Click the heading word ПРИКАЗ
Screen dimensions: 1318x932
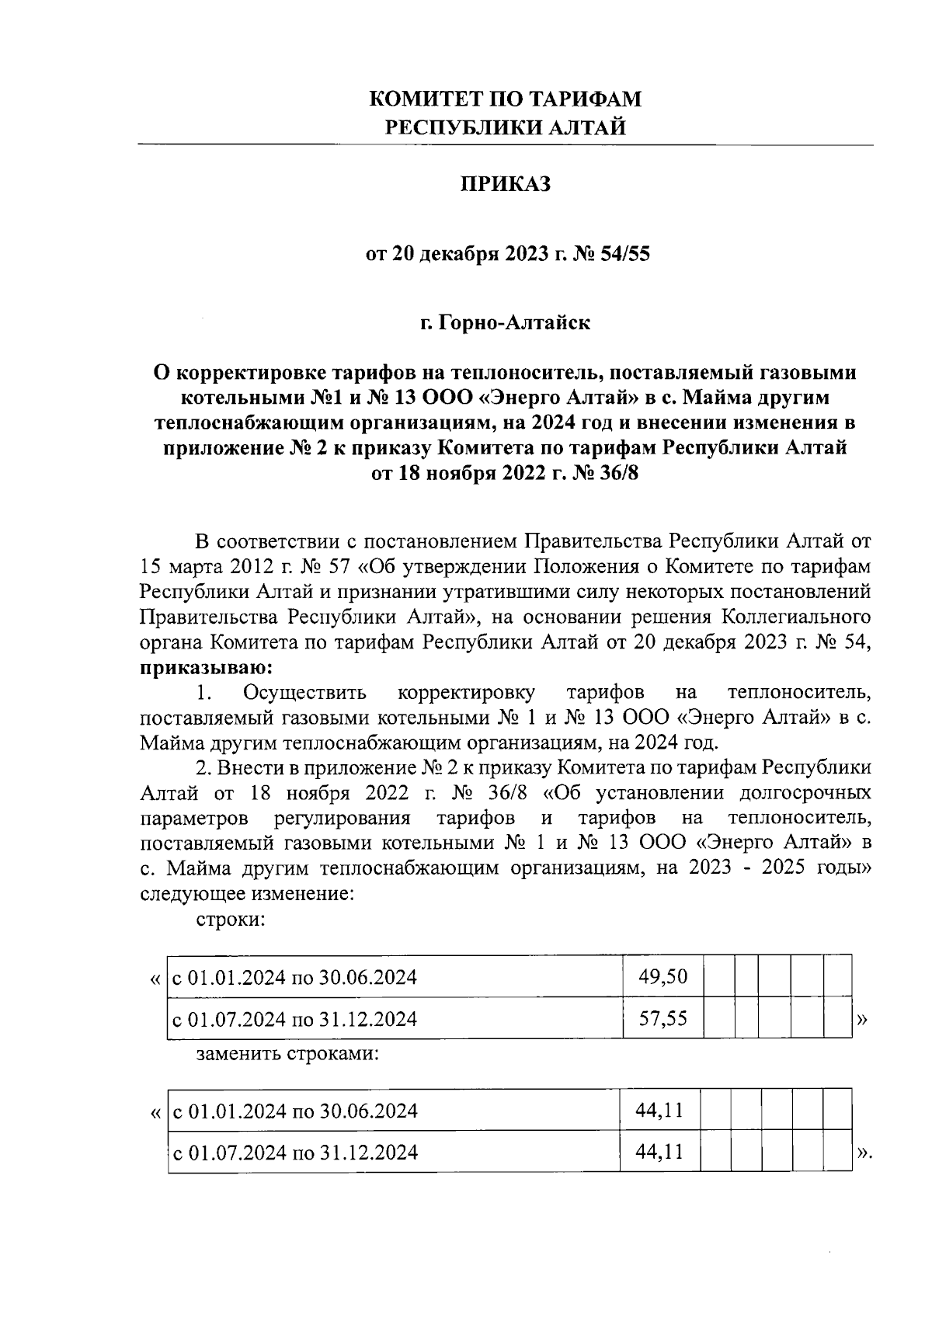[x=506, y=185]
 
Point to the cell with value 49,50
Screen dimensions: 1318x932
[x=662, y=976]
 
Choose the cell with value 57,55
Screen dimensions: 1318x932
[x=662, y=1018]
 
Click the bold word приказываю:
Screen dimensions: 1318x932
[x=206, y=667]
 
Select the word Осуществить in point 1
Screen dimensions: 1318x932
[x=304, y=692]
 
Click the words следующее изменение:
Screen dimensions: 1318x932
[x=247, y=893]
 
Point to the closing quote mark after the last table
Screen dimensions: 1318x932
[x=864, y=1153]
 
